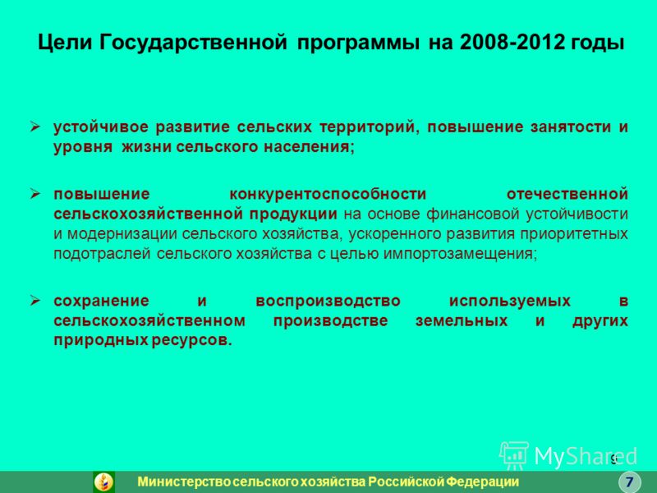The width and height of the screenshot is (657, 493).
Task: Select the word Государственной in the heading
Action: (194, 43)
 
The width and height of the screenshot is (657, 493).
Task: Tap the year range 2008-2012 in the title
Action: (512, 43)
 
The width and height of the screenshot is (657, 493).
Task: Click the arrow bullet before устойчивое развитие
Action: (35, 127)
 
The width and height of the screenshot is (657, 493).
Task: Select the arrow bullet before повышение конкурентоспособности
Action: (35, 193)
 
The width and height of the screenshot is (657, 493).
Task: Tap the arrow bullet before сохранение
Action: (35, 300)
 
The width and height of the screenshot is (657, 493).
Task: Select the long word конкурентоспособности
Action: (328, 194)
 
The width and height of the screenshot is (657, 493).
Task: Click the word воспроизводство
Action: (328, 301)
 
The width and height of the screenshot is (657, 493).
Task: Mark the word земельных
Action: (462, 320)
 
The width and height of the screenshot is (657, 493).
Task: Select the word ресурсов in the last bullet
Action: (191, 340)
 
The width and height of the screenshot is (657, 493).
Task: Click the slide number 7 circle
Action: (629, 481)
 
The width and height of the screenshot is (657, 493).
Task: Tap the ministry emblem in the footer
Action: (104, 481)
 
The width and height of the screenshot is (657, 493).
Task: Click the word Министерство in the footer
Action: (185, 481)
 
